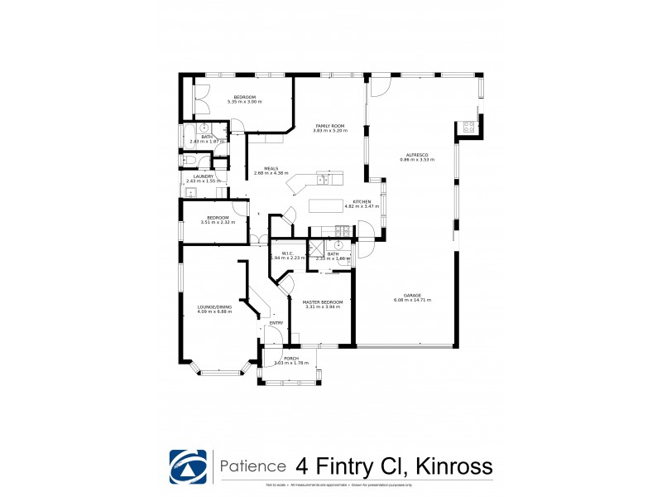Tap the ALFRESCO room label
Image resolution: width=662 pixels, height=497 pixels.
click(416, 153)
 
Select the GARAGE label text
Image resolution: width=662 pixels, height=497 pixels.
click(413, 295)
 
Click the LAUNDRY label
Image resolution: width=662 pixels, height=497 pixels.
click(203, 175)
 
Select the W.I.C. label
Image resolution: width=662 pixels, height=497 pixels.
click(289, 253)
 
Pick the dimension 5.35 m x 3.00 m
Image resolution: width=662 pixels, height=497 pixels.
click(244, 102)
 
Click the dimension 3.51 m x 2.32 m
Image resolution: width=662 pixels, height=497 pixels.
click(218, 222)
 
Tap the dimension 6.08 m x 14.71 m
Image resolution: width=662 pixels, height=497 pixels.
click(413, 300)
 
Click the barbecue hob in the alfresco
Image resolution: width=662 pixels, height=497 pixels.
click(468, 128)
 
